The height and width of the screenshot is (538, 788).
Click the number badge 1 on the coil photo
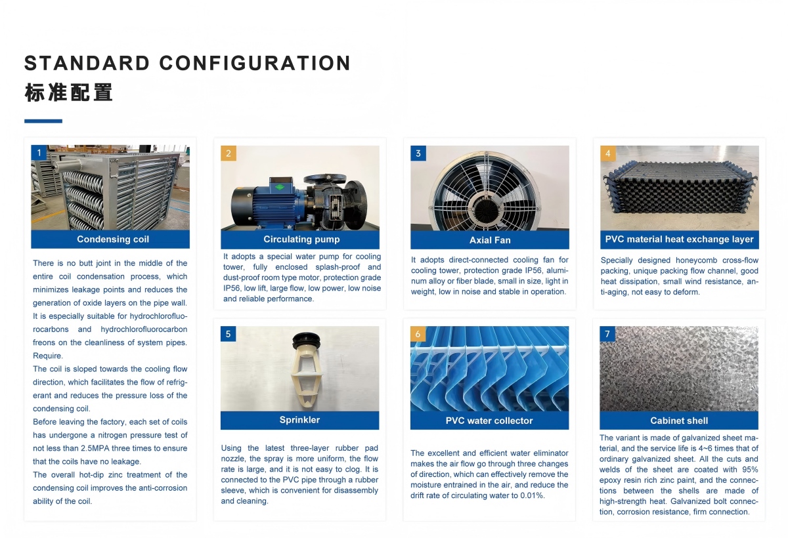pyautogui.click(x=39, y=153)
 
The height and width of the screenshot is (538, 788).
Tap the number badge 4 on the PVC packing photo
pyautogui.click(x=608, y=154)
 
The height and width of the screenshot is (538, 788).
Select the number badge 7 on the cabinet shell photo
pyautogui.click(x=607, y=334)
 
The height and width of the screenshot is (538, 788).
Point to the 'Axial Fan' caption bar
pyautogui.click(x=490, y=240)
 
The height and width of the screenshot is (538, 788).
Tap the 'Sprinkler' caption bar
pyautogui.click(x=299, y=420)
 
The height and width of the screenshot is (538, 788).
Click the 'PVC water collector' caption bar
pyautogui.click(x=489, y=421)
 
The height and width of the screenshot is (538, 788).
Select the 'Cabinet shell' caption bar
pyautogui.click(x=679, y=421)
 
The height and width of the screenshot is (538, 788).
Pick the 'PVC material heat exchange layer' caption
pyautogui.click(x=679, y=239)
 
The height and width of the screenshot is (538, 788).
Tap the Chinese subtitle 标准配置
pyautogui.click(x=68, y=93)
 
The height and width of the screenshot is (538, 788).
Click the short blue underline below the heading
pyautogui.click(x=43, y=121)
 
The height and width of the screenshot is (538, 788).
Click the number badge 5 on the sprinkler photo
pyautogui.click(x=228, y=334)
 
